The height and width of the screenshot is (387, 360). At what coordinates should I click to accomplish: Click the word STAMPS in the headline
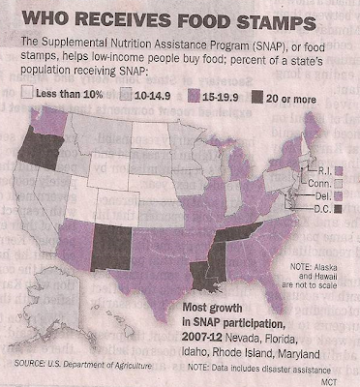(x=276, y=21)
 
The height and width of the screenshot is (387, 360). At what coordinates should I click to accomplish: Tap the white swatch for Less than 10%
(x=27, y=93)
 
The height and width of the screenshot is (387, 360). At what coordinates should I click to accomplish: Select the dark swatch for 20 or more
(x=257, y=97)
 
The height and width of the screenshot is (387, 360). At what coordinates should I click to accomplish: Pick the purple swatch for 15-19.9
(x=193, y=96)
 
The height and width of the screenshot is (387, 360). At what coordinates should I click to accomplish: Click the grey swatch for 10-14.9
(x=126, y=95)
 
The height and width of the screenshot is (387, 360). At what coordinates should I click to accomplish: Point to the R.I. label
(x=325, y=171)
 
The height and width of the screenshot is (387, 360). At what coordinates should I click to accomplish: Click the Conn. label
(x=319, y=184)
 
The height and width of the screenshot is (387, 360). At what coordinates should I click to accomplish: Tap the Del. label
(x=323, y=195)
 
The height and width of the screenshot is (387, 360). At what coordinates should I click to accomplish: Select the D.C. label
(x=322, y=209)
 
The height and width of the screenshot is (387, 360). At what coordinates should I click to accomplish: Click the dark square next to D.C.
(x=338, y=209)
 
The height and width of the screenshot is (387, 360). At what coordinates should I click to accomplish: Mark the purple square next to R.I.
(x=339, y=170)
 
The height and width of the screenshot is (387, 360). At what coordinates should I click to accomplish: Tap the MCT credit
(x=329, y=382)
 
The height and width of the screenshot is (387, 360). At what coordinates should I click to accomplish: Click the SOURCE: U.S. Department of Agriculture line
(x=83, y=365)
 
